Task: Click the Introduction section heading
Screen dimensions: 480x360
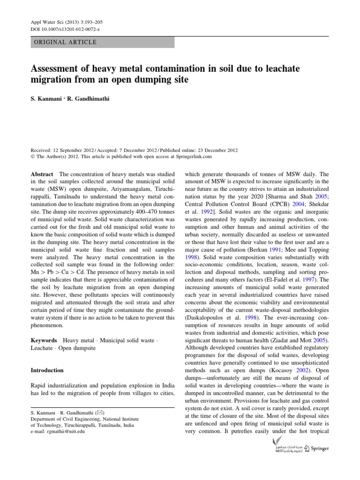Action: [x=47, y=370]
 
